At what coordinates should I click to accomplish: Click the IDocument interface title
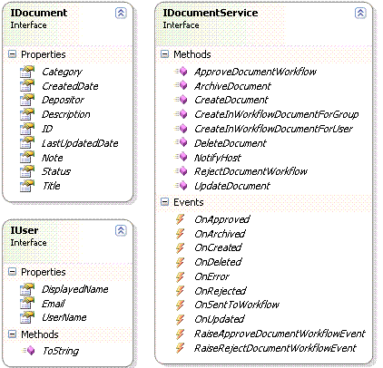(39, 13)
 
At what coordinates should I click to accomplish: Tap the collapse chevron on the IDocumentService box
(360, 13)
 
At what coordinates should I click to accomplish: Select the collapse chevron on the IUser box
(121, 230)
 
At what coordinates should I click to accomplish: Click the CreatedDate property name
(70, 86)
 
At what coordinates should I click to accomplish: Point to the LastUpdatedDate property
(80, 143)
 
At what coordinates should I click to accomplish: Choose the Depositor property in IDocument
(63, 100)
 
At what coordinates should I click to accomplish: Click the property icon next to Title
(27, 186)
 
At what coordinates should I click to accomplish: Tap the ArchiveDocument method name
(232, 86)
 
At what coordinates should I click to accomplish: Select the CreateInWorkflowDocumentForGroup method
(277, 114)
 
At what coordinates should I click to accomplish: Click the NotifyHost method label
(218, 158)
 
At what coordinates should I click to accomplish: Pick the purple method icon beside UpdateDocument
(182, 185)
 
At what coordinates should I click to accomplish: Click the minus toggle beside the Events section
(164, 202)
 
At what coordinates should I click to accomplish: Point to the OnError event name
(211, 276)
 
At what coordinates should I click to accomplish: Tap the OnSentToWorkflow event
(237, 305)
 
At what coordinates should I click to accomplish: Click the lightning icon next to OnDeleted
(180, 262)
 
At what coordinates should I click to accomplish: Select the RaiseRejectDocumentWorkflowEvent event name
(275, 348)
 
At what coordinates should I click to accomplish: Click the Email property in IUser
(54, 304)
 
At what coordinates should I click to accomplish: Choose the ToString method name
(61, 351)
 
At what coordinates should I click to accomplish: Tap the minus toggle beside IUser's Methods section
(13, 334)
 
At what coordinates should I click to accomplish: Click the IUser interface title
(25, 230)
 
